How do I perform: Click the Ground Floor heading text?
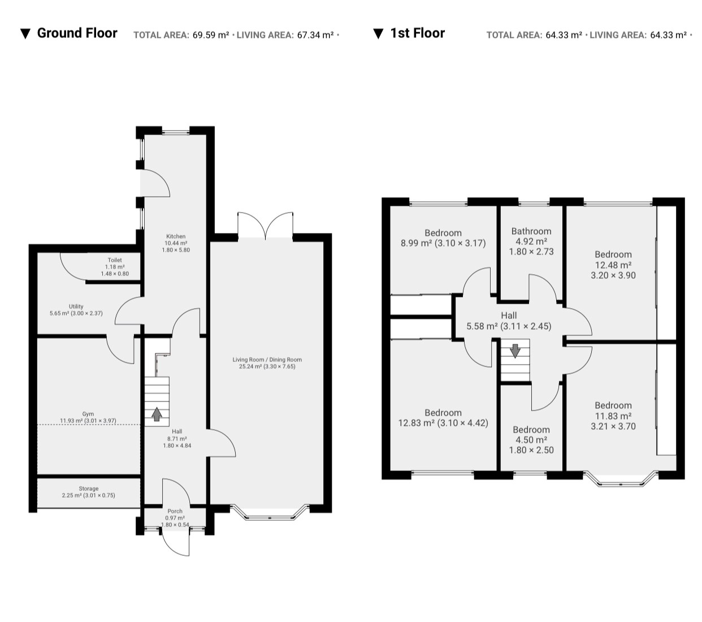pos(77,33)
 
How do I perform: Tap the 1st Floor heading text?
pos(417,33)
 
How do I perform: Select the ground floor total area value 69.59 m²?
pos(211,35)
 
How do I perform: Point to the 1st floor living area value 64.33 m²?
pos(668,35)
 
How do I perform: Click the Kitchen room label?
pos(176,236)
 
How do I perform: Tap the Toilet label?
pos(115,260)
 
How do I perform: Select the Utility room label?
pos(76,306)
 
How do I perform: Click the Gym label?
pos(88,414)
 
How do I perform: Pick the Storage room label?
pos(88,489)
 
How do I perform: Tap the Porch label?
pos(175,511)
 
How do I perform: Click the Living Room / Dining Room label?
pos(267,360)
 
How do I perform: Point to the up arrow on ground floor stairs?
pos(157,414)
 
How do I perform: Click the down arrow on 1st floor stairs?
pos(515,351)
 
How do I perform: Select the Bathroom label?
pos(531,231)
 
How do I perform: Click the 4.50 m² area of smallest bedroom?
pos(531,439)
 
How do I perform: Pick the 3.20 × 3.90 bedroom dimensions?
pos(613,275)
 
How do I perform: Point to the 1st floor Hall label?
pos(509,316)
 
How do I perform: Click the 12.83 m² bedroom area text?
pos(414,423)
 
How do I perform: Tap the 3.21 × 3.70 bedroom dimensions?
pos(613,426)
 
